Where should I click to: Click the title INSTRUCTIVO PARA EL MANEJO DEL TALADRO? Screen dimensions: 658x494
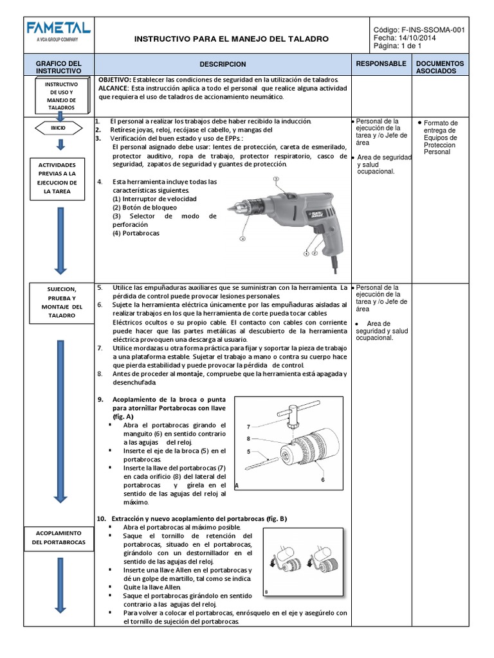point(231,39)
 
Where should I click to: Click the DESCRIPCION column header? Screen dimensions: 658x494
point(223,65)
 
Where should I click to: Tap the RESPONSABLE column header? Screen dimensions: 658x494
point(381,64)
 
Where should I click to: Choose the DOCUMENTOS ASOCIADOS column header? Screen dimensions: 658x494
point(439,67)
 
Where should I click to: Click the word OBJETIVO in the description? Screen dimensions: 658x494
point(115,80)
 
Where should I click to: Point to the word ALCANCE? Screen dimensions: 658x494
point(114,88)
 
